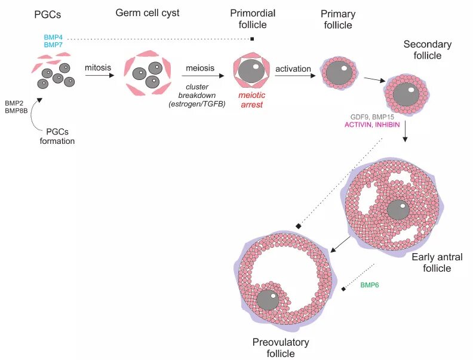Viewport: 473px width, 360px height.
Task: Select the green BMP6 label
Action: coord(370,285)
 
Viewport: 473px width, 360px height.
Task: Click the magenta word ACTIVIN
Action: coord(360,124)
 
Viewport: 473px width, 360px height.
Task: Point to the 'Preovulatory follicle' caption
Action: coord(281,347)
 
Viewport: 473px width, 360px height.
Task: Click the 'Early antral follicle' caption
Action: coord(437,263)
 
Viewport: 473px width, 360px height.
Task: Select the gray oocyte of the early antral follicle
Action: coord(398,210)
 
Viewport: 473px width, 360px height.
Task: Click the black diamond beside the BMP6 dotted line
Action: coord(343,290)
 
